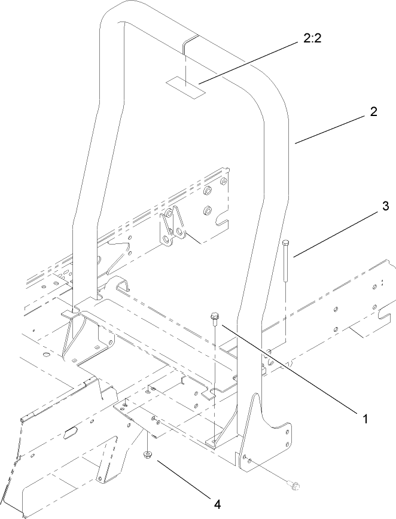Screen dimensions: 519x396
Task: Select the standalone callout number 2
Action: point(373,112)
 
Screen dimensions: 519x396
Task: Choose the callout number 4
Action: point(218,504)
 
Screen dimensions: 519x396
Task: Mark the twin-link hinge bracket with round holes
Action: point(172,228)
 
